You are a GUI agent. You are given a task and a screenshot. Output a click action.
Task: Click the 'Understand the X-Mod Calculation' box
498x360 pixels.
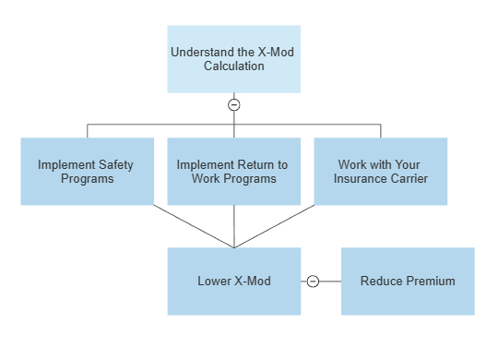click(234, 59)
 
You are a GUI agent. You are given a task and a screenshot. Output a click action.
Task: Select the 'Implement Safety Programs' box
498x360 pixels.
click(88, 172)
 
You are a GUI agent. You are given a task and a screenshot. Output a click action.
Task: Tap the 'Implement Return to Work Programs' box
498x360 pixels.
click(234, 172)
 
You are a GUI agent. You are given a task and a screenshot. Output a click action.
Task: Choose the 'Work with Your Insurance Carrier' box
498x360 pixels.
click(381, 172)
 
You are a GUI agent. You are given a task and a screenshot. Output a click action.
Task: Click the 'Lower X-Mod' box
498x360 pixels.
click(234, 282)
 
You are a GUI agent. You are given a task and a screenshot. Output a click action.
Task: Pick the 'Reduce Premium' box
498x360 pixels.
click(409, 282)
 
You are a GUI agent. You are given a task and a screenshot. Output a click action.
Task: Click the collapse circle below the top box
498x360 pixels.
click(234, 105)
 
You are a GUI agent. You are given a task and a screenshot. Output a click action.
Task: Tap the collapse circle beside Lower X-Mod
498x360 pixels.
click(313, 282)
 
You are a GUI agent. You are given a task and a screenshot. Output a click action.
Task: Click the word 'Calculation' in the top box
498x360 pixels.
click(234, 66)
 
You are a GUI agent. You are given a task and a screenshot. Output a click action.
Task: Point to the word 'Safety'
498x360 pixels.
click(116, 165)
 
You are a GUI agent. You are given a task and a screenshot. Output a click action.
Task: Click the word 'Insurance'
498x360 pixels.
click(361, 179)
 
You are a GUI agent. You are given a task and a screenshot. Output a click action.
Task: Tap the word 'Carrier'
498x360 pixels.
click(409, 179)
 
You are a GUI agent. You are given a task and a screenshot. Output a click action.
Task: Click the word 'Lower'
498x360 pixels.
click(215, 282)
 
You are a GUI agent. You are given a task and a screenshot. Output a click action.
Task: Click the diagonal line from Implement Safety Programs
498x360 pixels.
click(194, 226)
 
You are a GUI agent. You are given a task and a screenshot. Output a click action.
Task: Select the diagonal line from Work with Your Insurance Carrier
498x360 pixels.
click(275, 226)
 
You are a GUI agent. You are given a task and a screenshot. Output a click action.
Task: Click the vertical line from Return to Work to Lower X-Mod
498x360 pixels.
click(234, 226)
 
